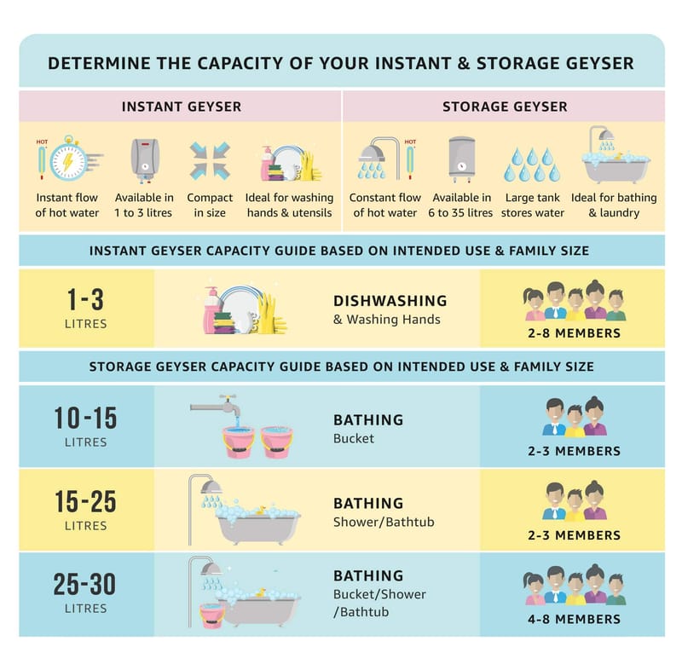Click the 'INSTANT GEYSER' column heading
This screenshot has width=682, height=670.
(182, 107)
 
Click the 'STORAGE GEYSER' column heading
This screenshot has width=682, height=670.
(505, 107)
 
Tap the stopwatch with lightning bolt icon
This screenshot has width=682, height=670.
(70, 159)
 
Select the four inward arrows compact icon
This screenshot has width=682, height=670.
(210, 160)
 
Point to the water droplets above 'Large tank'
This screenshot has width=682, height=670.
(532, 165)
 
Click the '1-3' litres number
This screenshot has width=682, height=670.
(86, 299)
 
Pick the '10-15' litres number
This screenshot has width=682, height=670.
(86, 418)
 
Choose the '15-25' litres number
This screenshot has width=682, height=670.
(86, 501)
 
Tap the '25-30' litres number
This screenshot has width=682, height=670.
(84, 584)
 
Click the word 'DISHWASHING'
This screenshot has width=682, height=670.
(390, 301)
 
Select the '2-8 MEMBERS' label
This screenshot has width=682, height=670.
(574, 333)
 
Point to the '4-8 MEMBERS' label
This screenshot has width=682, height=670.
(574, 619)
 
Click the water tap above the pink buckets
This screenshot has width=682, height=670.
(217, 406)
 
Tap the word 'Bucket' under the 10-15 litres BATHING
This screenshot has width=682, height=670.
(354, 438)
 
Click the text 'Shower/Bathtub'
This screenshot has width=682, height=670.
(384, 522)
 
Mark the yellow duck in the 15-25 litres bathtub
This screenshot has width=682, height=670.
(261, 511)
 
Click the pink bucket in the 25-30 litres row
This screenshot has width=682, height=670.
(211, 615)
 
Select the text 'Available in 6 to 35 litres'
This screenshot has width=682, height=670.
(460, 205)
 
